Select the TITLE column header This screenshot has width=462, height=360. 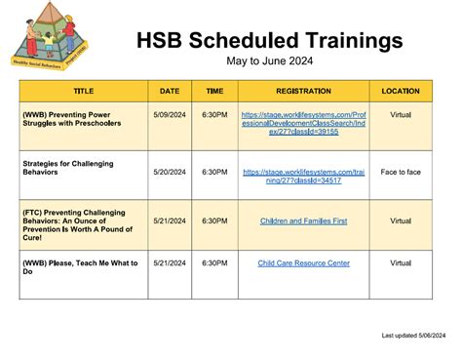coord(84,91)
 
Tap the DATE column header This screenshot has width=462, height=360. coord(170,91)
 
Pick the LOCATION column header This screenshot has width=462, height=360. coord(401,91)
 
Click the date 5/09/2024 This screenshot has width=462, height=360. coord(170,113)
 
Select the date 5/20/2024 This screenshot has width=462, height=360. coord(170,172)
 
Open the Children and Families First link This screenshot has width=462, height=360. coord(303,221)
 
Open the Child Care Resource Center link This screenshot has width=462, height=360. coord(303,263)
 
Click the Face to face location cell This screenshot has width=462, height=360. coord(401,172)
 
